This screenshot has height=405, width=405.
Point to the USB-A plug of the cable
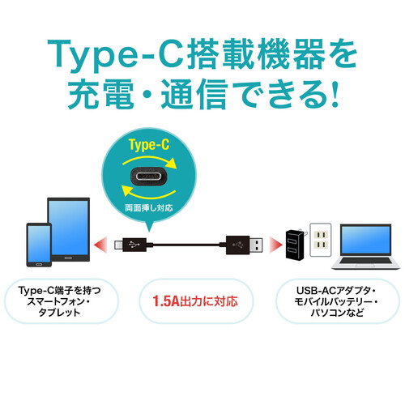245,242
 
